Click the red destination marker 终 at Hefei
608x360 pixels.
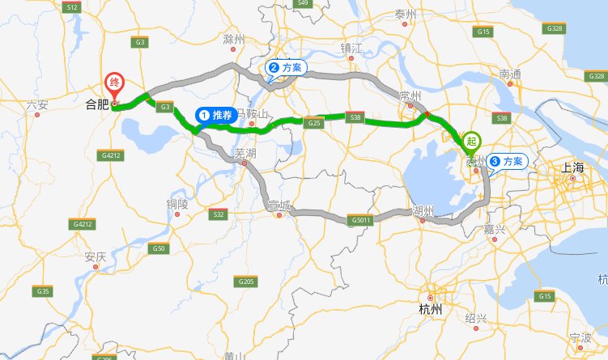click(x=115, y=83)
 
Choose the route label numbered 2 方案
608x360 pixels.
click(x=286, y=68)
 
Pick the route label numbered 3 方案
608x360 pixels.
click(x=508, y=161)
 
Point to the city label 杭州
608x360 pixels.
click(x=431, y=309)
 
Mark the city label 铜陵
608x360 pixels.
click(x=177, y=204)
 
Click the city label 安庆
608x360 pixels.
click(x=96, y=257)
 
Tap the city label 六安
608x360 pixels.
click(x=37, y=104)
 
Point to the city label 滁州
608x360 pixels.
click(x=234, y=39)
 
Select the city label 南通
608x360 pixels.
click(x=511, y=74)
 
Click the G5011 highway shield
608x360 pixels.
click(x=362, y=220)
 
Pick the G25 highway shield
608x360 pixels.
click(x=315, y=122)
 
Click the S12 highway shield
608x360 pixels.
click(x=72, y=6)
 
